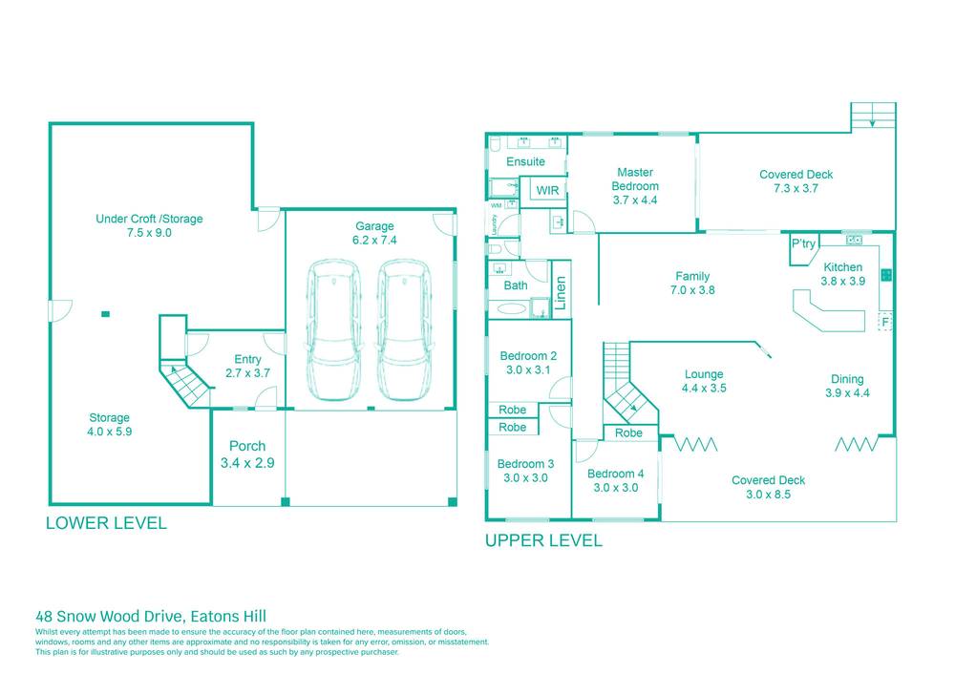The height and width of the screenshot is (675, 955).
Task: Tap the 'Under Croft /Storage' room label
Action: pyautogui.click(x=149, y=225)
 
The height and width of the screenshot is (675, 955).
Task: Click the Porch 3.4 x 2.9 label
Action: pyautogui.click(x=247, y=454)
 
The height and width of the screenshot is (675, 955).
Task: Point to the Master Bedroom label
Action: pyautogui.click(x=635, y=186)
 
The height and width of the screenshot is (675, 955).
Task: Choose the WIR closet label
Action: pyautogui.click(x=547, y=191)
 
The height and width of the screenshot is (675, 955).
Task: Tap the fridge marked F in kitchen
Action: pyautogui.click(x=885, y=321)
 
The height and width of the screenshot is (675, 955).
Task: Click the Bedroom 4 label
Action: pyautogui.click(x=615, y=480)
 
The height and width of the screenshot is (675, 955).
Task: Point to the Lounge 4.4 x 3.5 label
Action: pyautogui.click(x=704, y=381)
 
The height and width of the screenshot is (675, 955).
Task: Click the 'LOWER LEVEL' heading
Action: pyautogui.click(x=106, y=523)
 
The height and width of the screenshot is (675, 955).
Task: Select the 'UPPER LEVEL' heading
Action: pyautogui.click(x=543, y=540)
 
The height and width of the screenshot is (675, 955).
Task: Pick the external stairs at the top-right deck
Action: pyautogui.click(x=874, y=116)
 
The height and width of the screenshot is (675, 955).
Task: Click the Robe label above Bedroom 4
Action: pyautogui.click(x=628, y=432)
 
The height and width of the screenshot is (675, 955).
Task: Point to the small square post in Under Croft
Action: pyautogui.click(x=106, y=313)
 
